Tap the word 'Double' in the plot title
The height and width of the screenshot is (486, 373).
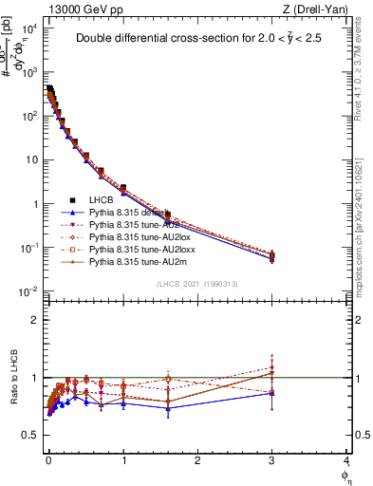(100, 39)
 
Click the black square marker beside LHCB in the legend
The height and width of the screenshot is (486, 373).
(72, 200)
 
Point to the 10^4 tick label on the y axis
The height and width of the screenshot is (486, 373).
(29, 28)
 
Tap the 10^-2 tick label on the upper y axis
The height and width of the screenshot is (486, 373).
(29, 291)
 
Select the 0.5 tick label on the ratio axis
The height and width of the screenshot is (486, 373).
(31, 435)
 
